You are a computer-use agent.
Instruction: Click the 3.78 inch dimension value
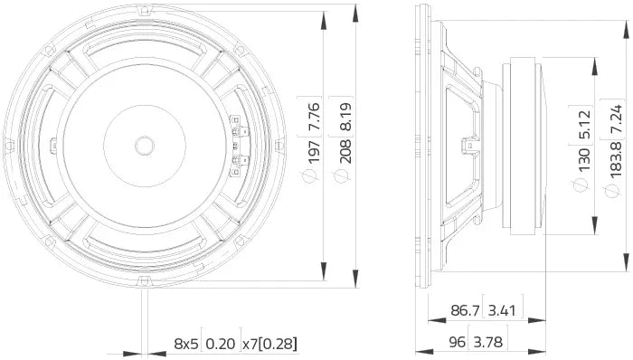coord(503,342)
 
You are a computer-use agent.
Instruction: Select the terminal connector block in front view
coord(237,145)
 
